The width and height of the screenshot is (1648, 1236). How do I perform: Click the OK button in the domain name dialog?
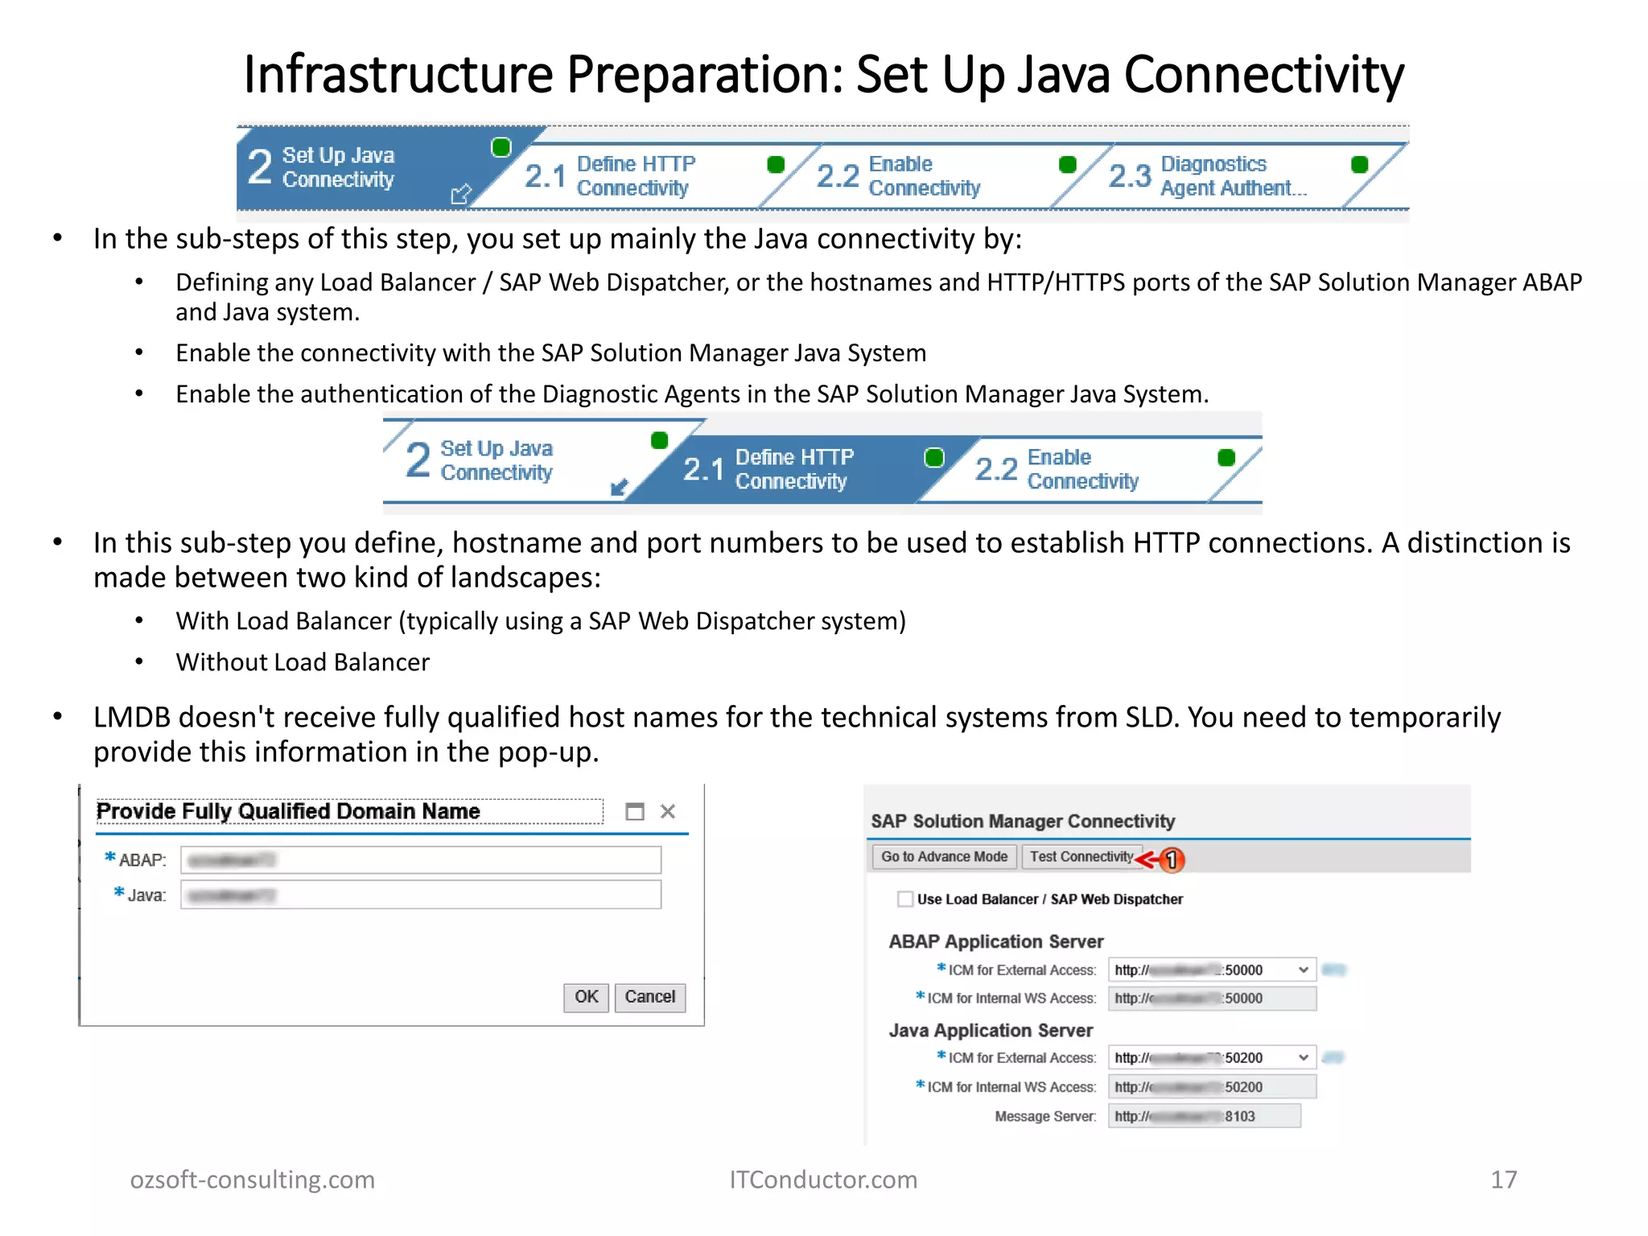[586, 997]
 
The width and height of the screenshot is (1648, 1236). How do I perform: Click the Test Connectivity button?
[1081, 857]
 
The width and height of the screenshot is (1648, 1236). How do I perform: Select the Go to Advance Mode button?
[944, 857]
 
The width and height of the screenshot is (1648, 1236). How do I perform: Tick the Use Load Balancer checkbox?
[905, 899]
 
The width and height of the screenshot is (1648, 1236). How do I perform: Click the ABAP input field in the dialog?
[421, 860]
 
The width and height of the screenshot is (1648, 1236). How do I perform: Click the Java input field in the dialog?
[421, 895]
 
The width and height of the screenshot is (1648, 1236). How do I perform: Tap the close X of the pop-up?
[668, 811]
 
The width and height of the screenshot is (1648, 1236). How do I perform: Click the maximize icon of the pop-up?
[635, 811]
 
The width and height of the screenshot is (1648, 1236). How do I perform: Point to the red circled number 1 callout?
[1172, 860]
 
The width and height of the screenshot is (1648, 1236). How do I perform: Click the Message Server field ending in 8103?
[1204, 1116]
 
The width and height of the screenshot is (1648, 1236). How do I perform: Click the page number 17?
[1503, 1180]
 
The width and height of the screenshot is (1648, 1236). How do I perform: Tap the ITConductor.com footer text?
[823, 1180]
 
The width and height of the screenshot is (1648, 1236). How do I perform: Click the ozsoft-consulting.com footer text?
[253, 1180]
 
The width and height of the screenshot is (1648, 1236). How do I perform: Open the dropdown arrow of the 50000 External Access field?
[1303, 970]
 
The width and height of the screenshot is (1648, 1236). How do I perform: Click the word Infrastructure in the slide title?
[398, 74]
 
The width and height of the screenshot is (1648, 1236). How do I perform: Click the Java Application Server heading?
[991, 1031]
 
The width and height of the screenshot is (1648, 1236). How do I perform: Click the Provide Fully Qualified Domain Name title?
[288, 811]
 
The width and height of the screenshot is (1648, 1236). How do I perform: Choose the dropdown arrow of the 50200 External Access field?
[1303, 1057]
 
